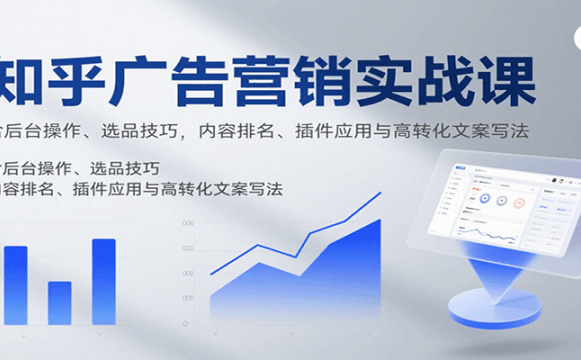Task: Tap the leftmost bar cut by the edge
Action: [15, 285]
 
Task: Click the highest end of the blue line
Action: [380, 194]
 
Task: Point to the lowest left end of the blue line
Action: [211, 273]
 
